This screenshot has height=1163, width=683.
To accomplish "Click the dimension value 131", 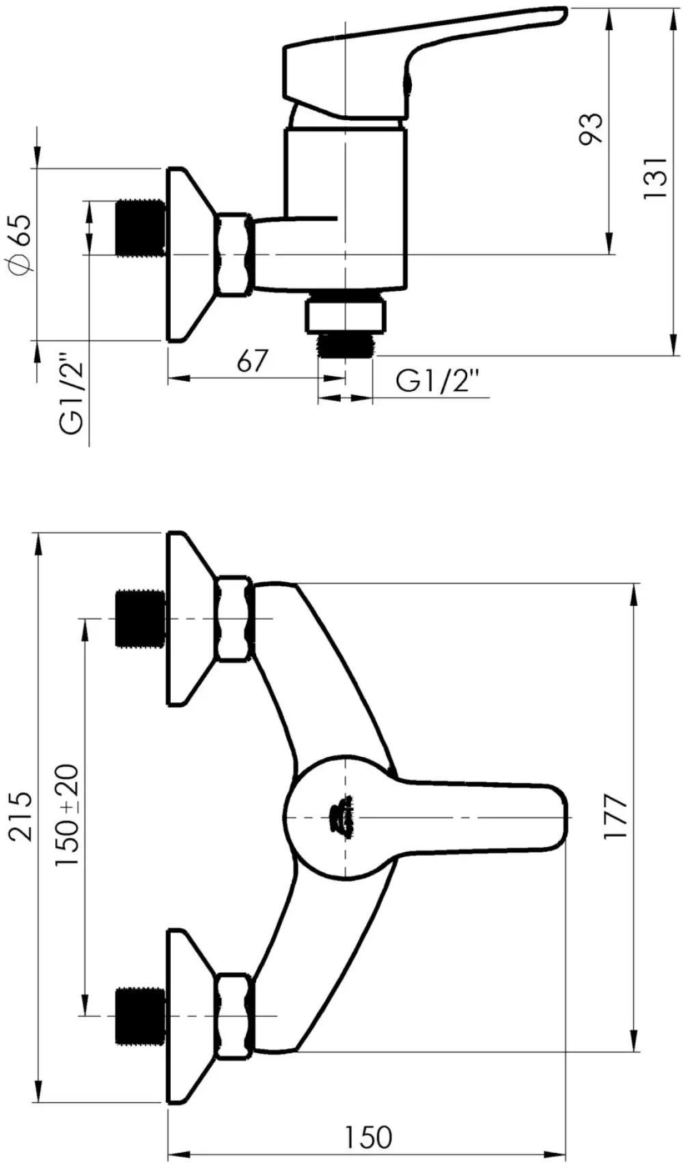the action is [x=654, y=177].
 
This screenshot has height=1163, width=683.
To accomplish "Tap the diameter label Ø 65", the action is [x=21, y=244].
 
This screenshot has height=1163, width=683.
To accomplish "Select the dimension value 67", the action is [x=253, y=361].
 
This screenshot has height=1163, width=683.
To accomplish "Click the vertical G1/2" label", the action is [x=71, y=394].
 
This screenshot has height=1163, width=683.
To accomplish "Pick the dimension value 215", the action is [x=22, y=817].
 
